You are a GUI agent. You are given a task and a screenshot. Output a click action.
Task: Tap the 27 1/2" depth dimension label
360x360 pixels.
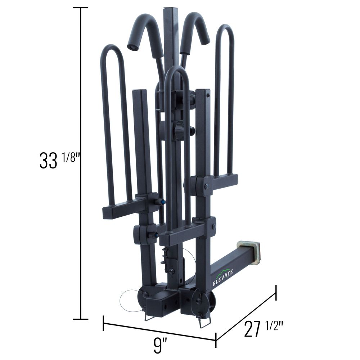pyautogui.click(x=264, y=329)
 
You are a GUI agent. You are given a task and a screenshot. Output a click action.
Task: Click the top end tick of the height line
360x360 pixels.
pyautogui.click(x=81, y=8)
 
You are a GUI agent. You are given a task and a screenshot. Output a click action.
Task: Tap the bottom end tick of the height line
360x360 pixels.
pyautogui.click(x=81, y=319)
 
